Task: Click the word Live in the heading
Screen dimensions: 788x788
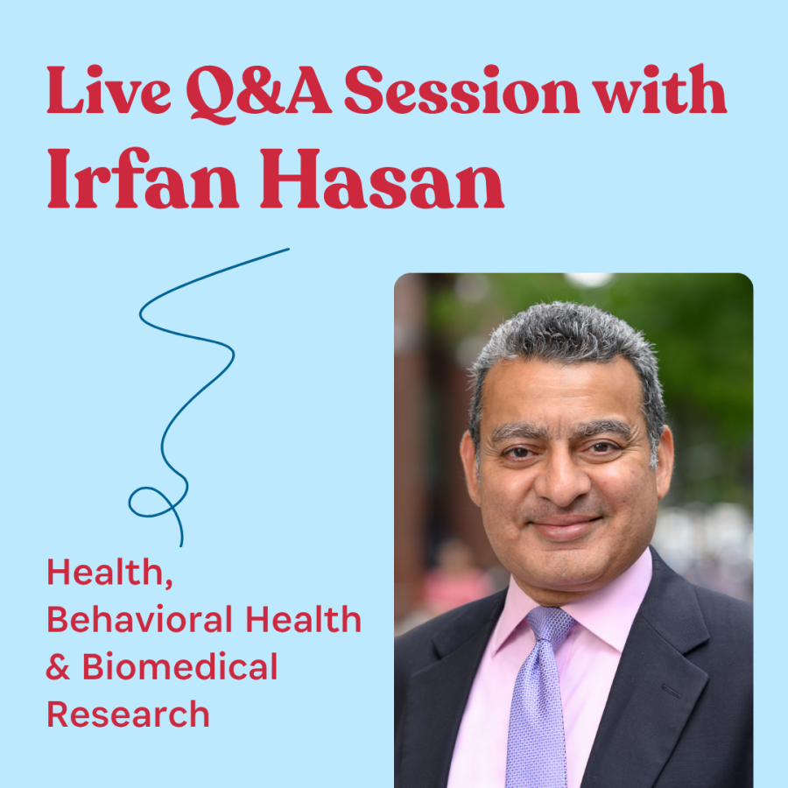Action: pos(109,90)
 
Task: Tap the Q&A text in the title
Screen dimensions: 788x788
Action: pos(258,94)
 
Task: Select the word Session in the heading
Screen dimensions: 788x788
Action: pos(461,90)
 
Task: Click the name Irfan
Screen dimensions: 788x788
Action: pos(143,179)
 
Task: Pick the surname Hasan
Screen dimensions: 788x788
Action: pos(382,179)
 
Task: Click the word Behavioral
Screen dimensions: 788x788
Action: pos(140,619)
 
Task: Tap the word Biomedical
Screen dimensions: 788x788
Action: pos(179,666)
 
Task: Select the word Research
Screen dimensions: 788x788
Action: pos(128,714)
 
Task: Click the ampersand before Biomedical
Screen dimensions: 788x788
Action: pos(59,666)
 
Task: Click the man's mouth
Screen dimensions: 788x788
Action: pos(566,527)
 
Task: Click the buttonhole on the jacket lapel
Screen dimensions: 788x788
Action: pos(671,691)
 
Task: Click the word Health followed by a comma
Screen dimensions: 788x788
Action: pos(110,572)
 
